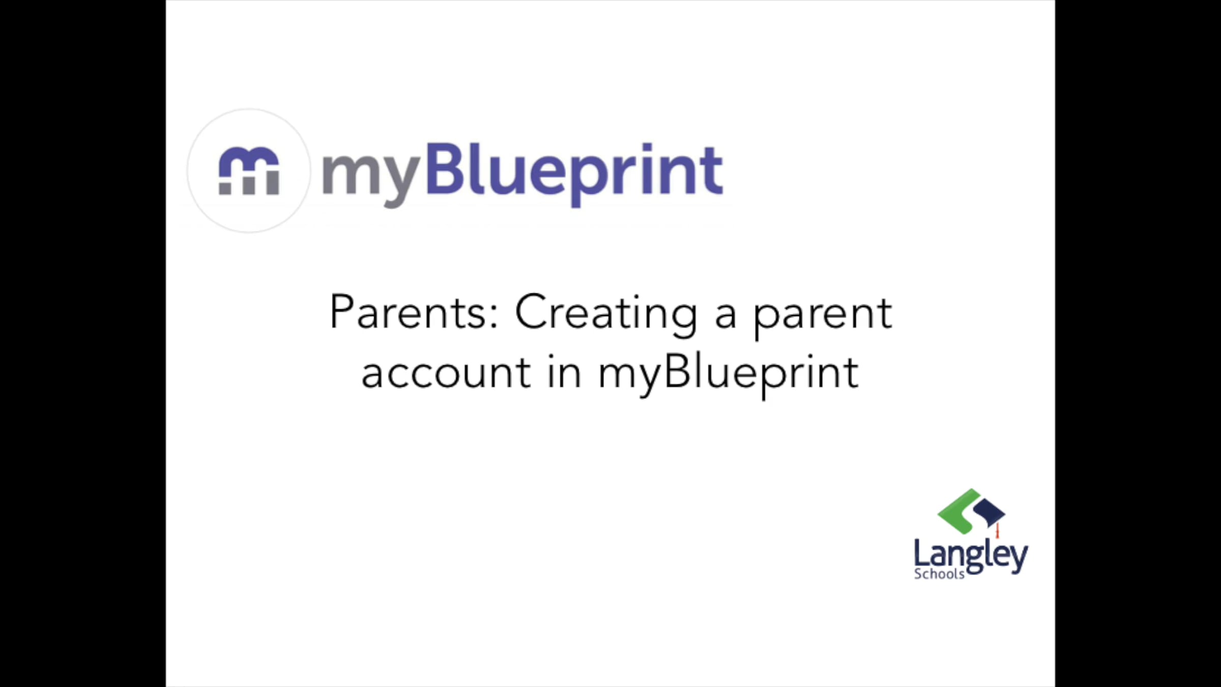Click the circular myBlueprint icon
tap(249, 170)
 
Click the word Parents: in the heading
tap(414, 311)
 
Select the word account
tap(447, 373)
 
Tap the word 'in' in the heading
tap(564, 371)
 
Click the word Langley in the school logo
tap(971, 556)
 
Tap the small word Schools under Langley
tap(939, 574)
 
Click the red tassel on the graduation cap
tap(998, 530)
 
